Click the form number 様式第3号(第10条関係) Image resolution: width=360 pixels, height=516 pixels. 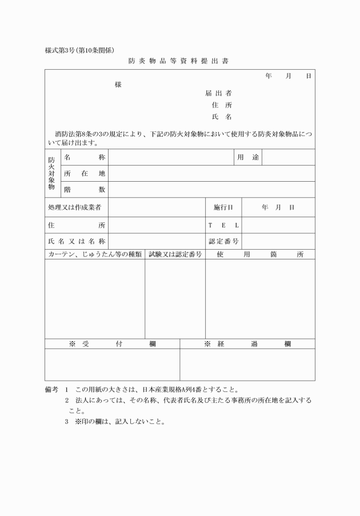pos(83,50)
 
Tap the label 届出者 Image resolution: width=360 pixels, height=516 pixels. pos(218,93)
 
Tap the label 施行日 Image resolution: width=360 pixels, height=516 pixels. pos(223,207)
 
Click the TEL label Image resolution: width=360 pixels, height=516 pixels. pos(223,225)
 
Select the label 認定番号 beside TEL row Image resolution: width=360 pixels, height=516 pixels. pos(223,241)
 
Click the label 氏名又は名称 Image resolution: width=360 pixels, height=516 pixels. pos(76,241)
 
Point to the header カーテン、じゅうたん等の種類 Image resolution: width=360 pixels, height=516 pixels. pos(95,254)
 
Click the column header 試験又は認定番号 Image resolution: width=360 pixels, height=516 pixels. pos(175,254)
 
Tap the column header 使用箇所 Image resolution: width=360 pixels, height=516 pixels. pos(260,254)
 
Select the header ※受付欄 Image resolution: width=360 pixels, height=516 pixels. pos(112,343)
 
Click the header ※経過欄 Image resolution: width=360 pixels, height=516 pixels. pos(247,343)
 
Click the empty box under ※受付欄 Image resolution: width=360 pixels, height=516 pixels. pos(112,365)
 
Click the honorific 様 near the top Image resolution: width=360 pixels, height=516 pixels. pos(118,84)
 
